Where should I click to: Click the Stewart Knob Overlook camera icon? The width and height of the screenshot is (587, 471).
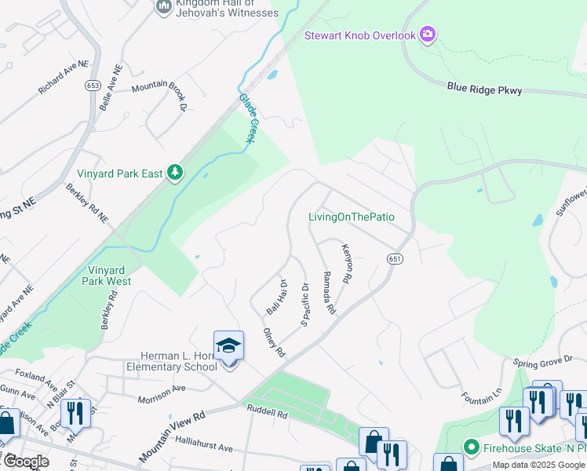(x=428, y=34)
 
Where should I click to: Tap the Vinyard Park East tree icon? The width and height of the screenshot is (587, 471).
(x=176, y=173)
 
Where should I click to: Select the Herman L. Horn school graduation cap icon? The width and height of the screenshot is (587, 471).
(x=228, y=345)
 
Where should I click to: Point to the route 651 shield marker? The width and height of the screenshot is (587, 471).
(x=394, y=258)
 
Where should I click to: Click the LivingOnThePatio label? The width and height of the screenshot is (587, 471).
(x=351, y=217)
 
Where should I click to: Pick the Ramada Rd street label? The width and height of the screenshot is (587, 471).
(x=329, y=293)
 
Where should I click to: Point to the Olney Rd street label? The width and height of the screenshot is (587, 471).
(x=274, y=342)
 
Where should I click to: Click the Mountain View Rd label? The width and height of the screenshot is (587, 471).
(x=172, y=435)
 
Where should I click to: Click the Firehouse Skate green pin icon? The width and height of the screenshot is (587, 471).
(x=471, y=448)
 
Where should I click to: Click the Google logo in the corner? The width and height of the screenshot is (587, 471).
(x=26, y=462)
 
